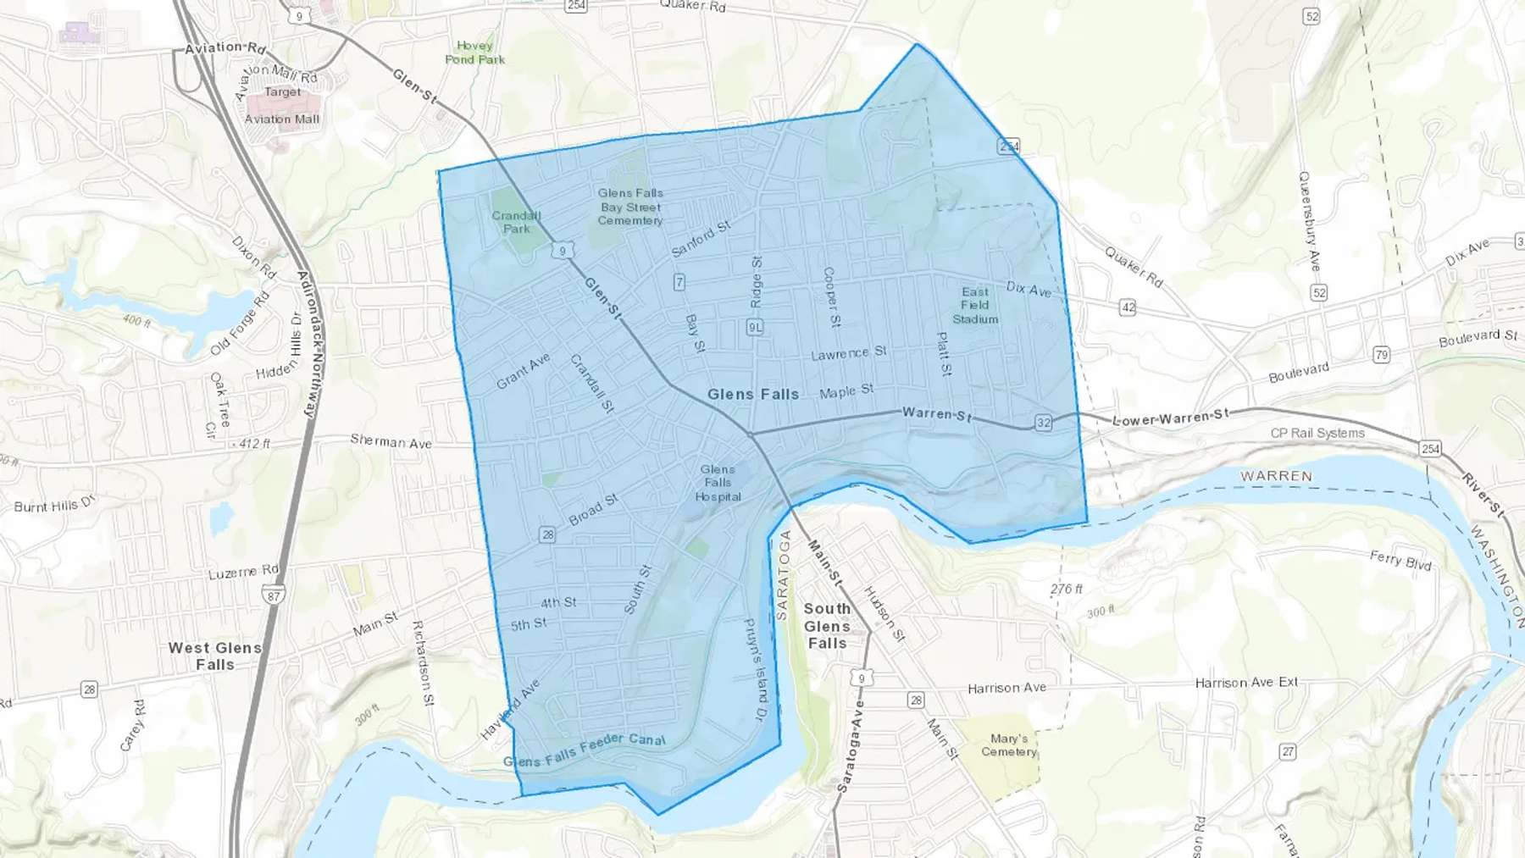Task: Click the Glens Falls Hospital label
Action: tap(718, 483)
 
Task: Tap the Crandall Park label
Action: tap(516, 222)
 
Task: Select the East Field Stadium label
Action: tap(975, 306)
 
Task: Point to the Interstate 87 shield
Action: tap(273, 595)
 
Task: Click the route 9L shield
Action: tap(755, 327)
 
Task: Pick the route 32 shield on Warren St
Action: tap(1043, 423)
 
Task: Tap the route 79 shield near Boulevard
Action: tap(1381, 354)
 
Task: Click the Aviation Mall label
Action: tap(282, 119)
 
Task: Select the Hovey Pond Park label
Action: tap(474, 53)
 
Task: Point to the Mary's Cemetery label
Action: tap(1008, 745)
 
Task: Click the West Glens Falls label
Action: tap(215, 656)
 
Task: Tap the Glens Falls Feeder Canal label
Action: tap(585, 750)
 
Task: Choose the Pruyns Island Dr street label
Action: tap(755, 669)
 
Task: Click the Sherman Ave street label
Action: tap(391, 441)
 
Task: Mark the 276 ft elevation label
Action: tap(1067, 589)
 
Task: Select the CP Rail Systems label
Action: tap(1317, 433)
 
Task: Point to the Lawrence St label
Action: tap(848, 353)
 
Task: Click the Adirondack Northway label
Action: tap(311, 344)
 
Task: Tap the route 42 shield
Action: tap(1127, 307)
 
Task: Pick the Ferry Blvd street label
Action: tap(1400, 560)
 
